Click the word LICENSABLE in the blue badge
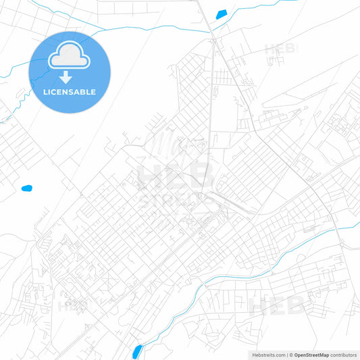70,92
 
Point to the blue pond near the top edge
221,14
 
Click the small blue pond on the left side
27,188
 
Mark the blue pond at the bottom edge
137,351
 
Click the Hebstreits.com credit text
264,355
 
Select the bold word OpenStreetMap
311,355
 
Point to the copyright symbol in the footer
290,355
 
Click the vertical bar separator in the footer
286,355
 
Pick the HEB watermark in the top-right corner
279,49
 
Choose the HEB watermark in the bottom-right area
277,305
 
